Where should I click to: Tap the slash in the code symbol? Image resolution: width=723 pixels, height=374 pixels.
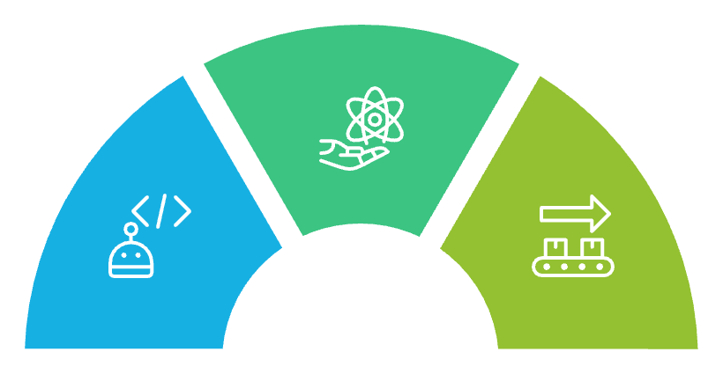[161, 211]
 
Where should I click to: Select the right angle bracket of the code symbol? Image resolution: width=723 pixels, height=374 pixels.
[182, 211]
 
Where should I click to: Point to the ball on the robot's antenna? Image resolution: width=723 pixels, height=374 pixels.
[130, 230]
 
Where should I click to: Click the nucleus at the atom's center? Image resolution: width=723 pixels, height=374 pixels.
[375, 117]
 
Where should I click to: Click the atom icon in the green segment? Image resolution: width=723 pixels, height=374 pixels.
[375, 117]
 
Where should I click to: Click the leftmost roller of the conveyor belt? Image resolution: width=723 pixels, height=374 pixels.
[548, 265]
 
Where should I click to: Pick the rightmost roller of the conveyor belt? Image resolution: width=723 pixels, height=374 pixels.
[600, 265]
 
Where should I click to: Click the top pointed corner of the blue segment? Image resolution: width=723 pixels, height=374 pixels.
[183, 76]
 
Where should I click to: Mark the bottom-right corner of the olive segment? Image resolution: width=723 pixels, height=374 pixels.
[698, 348]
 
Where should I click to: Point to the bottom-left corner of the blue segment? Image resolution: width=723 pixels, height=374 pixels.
[25, 348]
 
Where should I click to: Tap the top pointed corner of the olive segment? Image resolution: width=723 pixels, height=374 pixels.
[539, 76]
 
